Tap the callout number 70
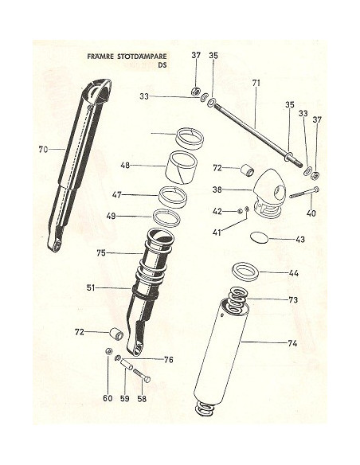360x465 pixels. [43, 150]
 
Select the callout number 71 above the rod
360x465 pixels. [256, 83]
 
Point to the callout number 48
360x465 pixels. [125, 165]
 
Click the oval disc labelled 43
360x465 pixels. [260, 238]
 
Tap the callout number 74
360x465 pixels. [292, 343]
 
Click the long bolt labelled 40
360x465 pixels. [305, 192]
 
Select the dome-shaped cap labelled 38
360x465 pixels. [269, 195]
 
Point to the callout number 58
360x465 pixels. [142, 399]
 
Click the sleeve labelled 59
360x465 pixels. [127, 363]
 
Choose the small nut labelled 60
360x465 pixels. [109, 350]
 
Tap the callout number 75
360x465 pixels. [101, 253]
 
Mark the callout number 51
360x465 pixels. [91, 287]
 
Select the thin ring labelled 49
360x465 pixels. [166, 218]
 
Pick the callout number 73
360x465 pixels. [293, 300]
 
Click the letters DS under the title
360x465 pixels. [162, 65]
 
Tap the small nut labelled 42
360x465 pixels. [240, 211]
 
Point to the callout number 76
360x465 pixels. [169, 360]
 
